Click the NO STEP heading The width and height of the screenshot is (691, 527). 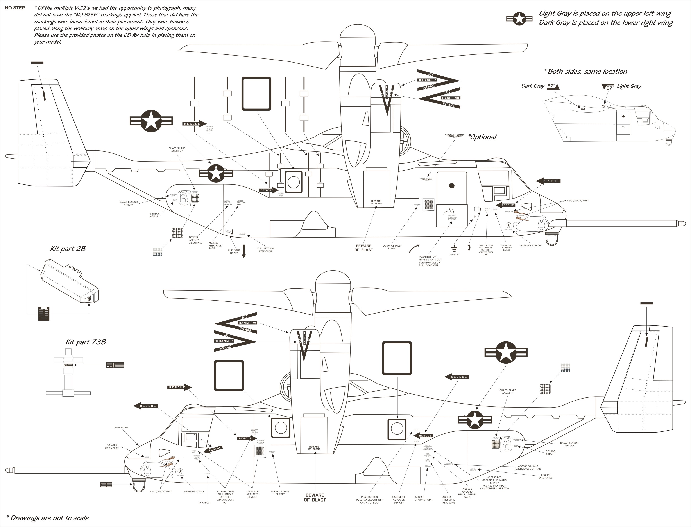(15, 8)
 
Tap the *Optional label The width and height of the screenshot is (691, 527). (482, 137)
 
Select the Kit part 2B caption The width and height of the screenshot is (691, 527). (68, 249)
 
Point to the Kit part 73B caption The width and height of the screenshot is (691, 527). (85, 342)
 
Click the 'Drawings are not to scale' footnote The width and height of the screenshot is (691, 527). (48, 518)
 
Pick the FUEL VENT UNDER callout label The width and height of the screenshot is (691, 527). (234, 252)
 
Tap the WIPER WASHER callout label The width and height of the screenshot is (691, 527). (121, 428)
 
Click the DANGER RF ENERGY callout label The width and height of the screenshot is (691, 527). (112, 447)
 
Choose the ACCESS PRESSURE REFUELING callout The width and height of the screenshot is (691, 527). (448, 500)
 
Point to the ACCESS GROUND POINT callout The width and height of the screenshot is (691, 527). (424, 498)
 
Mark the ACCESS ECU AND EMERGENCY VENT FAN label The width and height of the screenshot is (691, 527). (528, 467)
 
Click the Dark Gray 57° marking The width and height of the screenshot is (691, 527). (553, 86)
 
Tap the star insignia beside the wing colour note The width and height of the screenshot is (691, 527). (519, 19)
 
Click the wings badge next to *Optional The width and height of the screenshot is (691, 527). (454, 136)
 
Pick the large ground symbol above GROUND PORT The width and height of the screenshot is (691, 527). (454, 248)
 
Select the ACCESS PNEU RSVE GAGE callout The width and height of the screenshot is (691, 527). (215, 246)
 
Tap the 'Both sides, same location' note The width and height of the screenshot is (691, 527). (585, 72)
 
